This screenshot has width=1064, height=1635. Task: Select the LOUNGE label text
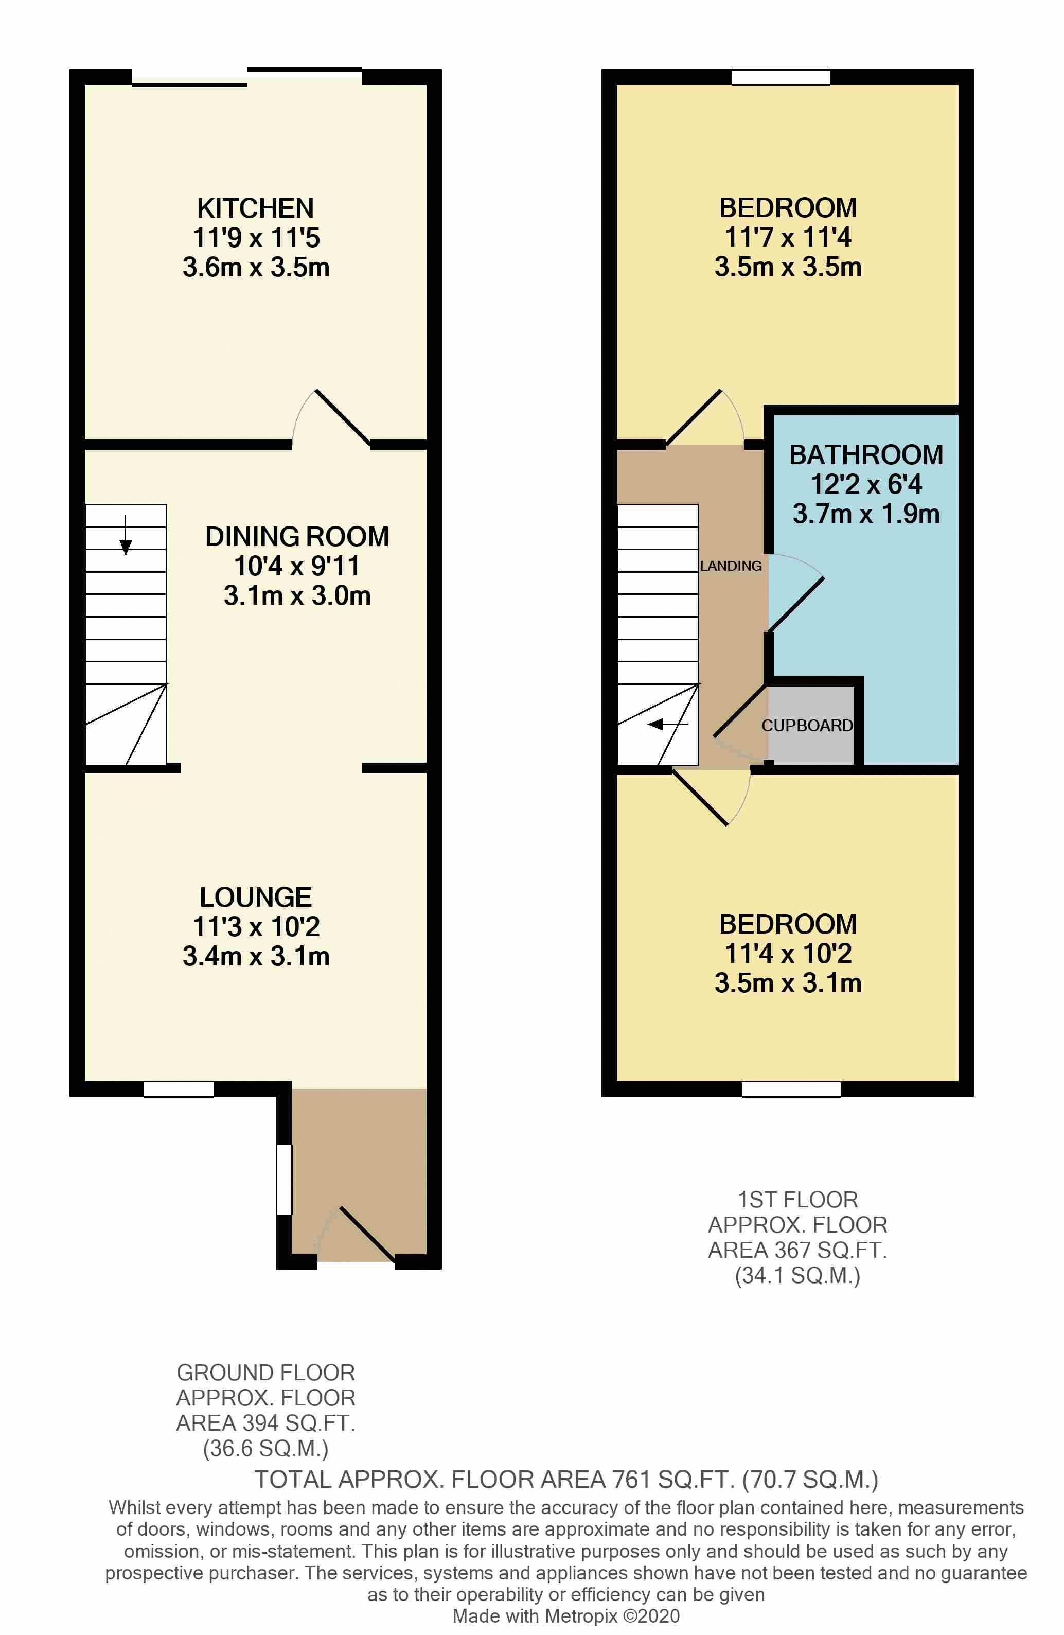[256, 897]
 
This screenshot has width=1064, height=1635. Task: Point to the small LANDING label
[731, 566]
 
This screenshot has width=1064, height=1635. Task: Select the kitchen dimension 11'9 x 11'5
[256, 238]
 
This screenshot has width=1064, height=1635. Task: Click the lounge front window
[179, 1089]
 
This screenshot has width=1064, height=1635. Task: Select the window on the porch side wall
[283, 1179]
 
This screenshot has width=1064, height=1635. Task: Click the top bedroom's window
[781, 77]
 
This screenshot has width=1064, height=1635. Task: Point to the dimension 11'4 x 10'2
[788, 954]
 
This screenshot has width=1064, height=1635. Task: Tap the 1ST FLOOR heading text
[797, 1200]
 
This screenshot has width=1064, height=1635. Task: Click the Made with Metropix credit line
[565, 1616]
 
